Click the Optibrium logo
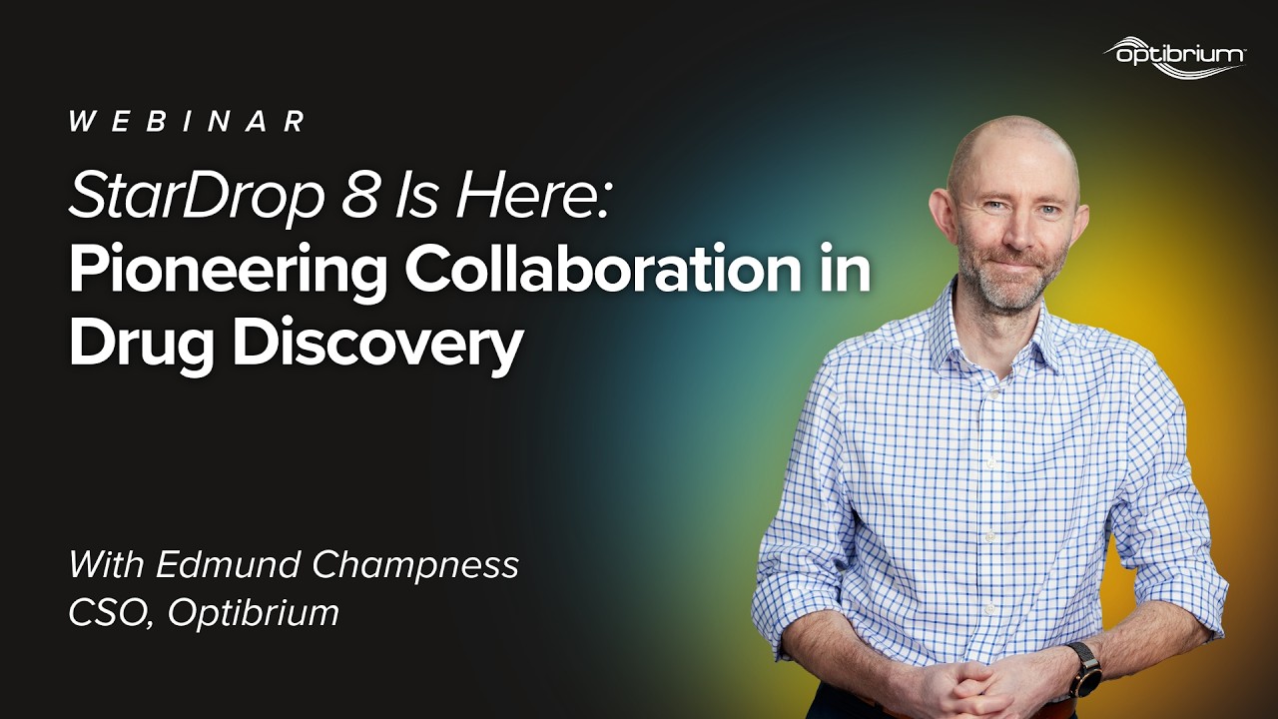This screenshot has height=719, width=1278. pyautogui.click(x=1174, y=55)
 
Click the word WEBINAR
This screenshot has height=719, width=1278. pyautogui.click(x=188, y=122)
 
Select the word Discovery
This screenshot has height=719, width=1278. pyautogui.click(x=378, y=347)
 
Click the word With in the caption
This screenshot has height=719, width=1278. pyautogui.click(x=106, y=565)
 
